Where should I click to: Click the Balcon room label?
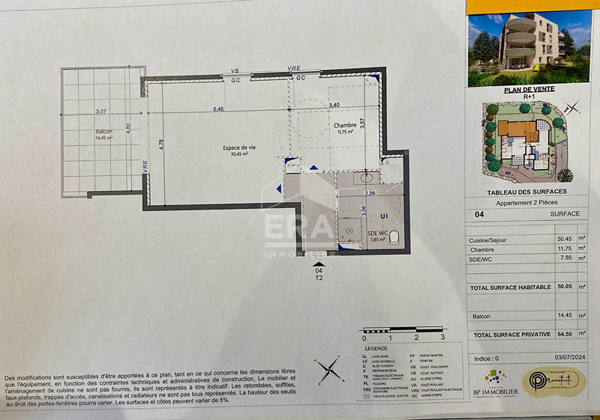(x=103, y=131)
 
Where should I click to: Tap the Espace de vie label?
(x=238, y=147)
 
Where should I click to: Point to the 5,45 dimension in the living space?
(x=218, y=110)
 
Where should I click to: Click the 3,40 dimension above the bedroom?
(x=334, y=105)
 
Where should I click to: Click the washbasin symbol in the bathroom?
(x=367, y=179)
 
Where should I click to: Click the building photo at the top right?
(x=529, y=47)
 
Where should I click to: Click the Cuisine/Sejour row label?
(x=488, y=240)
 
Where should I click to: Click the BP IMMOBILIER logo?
(x=490, y=382)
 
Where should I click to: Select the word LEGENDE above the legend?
(x=376, y=349)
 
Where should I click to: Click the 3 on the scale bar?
(x=442, y=338)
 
